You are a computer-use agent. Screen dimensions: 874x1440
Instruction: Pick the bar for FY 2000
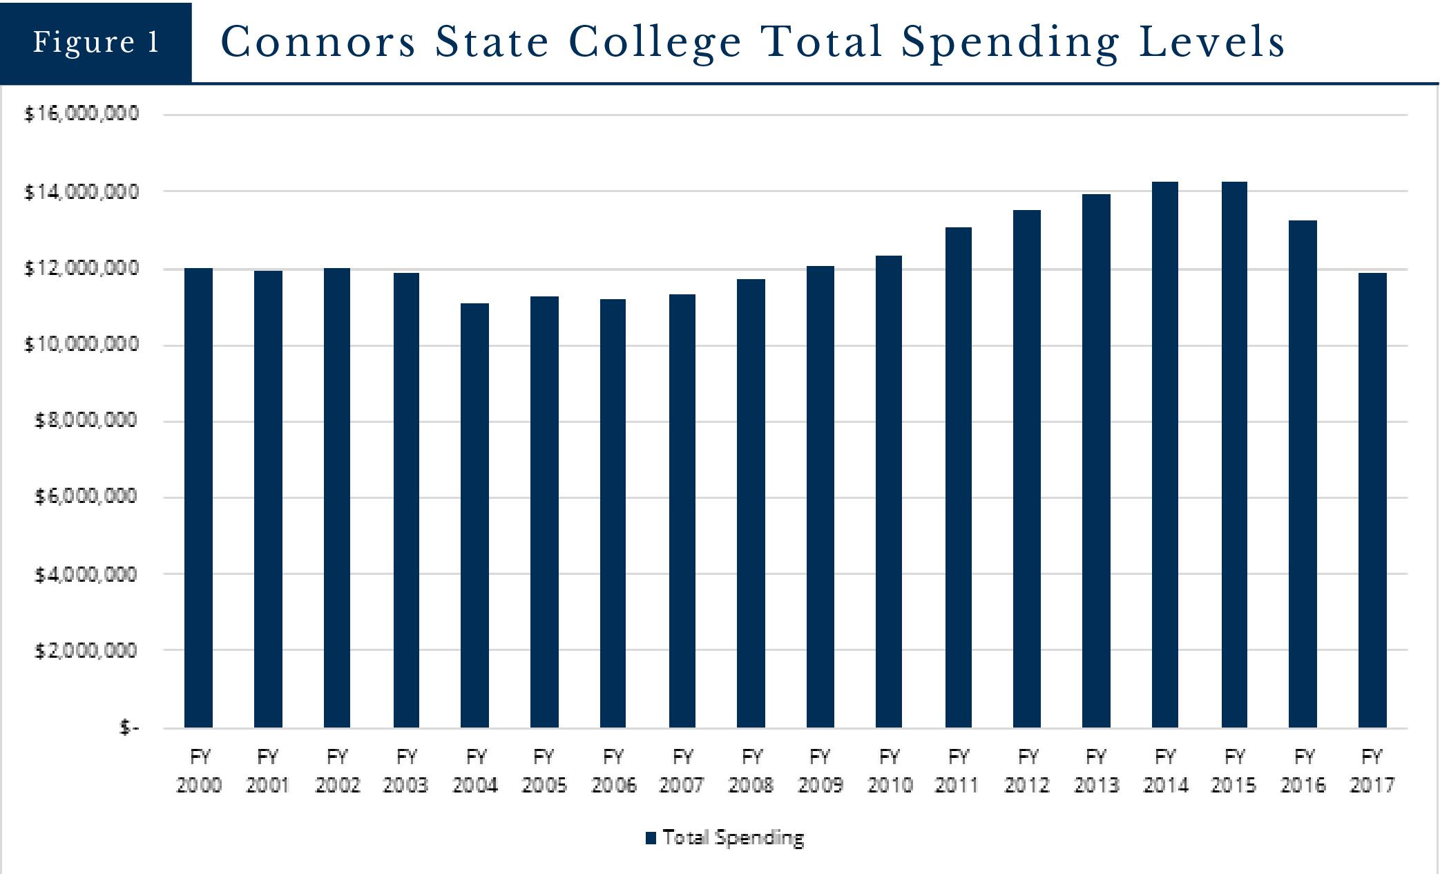click(199, 497)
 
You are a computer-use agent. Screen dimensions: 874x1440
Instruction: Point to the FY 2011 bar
click(959, 477)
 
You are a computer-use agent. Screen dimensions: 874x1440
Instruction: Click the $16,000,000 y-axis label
click(81, 113)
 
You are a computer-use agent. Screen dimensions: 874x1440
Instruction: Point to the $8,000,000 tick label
click(86, 420)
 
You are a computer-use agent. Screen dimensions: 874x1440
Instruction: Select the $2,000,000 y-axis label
click(86, 650)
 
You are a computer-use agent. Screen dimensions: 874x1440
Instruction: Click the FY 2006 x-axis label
click(613, 771)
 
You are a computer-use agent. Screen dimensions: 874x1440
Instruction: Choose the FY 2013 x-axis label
click(1096, 771)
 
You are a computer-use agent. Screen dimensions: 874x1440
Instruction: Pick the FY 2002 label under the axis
click(337, 771)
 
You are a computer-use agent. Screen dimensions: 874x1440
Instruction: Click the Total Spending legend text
click(733, 837)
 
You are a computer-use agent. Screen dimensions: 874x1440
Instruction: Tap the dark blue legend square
click(651, 838)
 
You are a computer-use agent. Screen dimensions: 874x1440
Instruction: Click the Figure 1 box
click(96, 42)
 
